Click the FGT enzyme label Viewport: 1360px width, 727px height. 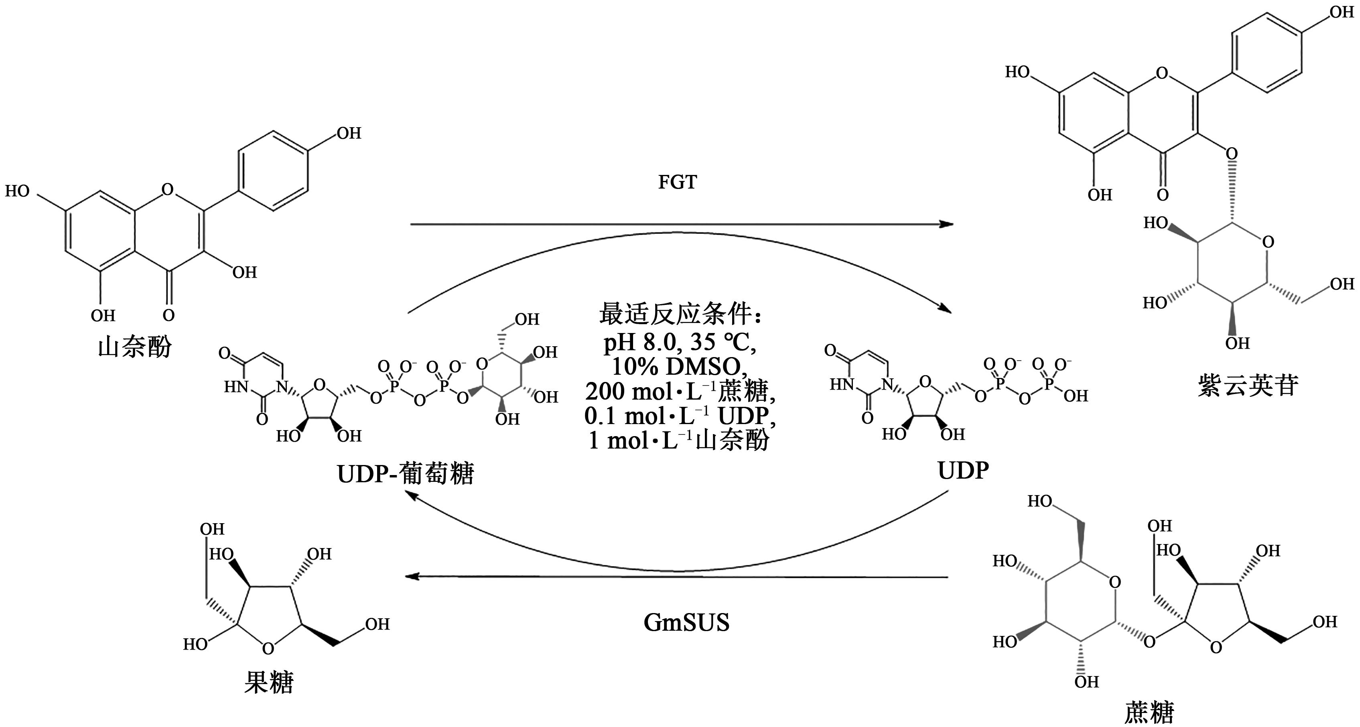677,182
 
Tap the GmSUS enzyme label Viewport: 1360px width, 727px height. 686,622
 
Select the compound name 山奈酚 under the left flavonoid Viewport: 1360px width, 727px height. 135,348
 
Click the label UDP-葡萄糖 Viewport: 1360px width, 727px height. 406,473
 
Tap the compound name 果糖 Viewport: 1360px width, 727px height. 268,682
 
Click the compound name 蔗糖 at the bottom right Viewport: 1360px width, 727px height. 1149,713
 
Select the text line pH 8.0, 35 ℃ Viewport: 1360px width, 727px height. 680,343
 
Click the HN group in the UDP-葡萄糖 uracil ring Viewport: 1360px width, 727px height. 235,387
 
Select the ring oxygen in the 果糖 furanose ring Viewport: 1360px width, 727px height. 268,648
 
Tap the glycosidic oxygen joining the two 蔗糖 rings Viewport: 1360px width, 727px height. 1149,642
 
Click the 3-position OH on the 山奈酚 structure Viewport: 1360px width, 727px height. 244,272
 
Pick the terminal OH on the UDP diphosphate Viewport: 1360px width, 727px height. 1076,396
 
